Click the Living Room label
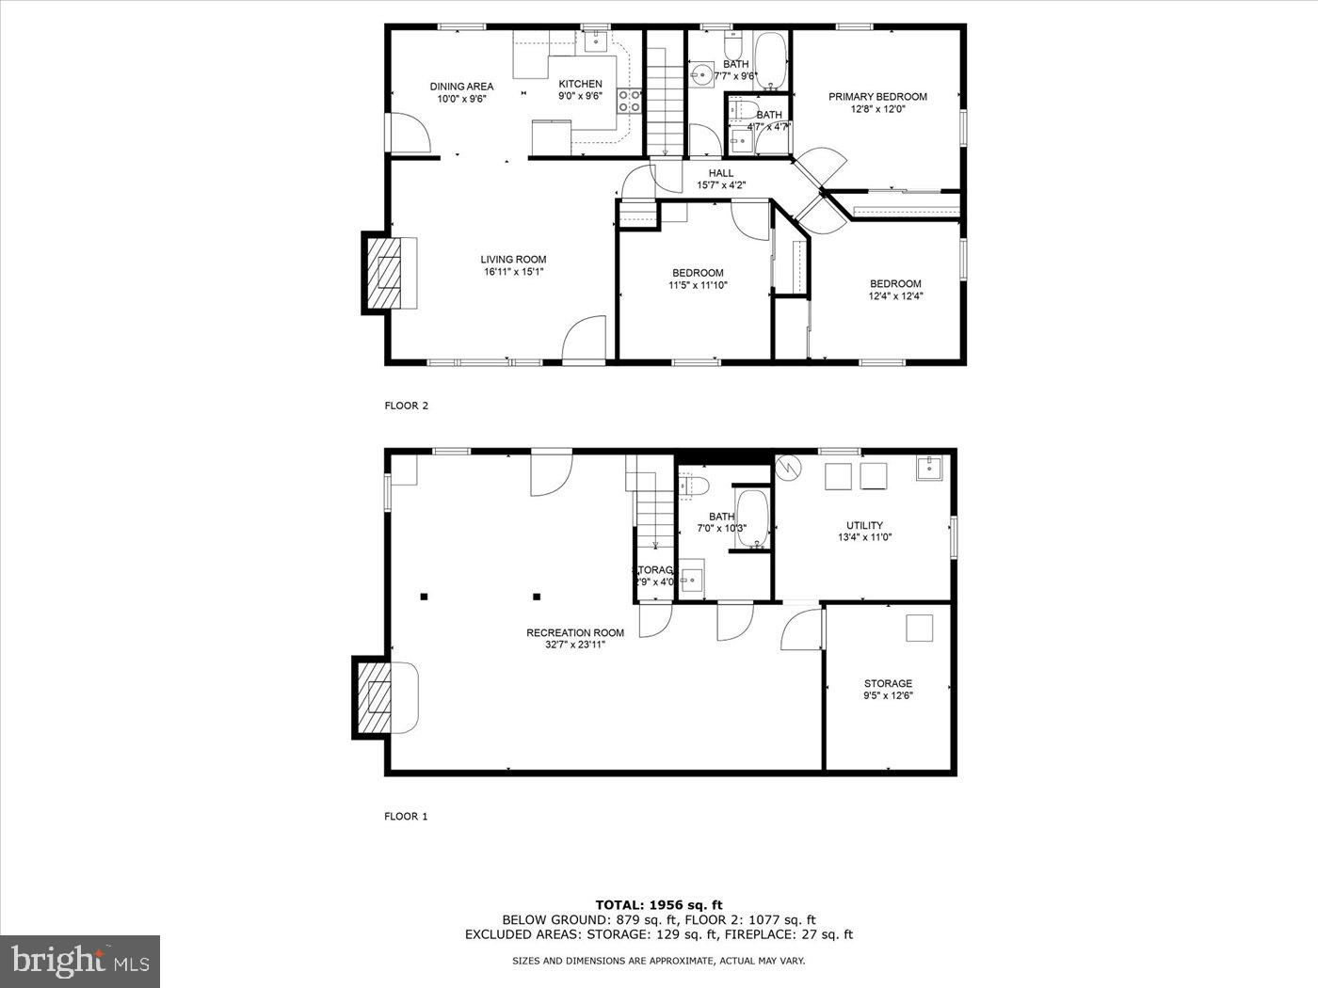[513, 260]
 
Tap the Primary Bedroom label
[877, 96]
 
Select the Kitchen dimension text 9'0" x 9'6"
[580, 96]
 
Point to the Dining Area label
[461, 87]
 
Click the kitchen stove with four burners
[629, 101]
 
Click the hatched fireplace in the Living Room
[385, 273]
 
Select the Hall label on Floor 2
[721, 173]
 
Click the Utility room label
[864, 526]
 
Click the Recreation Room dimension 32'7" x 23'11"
[575, 645]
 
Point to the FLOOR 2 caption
[406, 406]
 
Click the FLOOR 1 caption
[406, 817]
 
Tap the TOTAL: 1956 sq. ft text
[658, 905]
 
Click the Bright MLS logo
[80, 962]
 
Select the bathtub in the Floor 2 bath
[771, 61]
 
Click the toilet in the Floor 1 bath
[695, 485]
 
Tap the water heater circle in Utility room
[788, 467]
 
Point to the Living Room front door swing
[583, 339]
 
